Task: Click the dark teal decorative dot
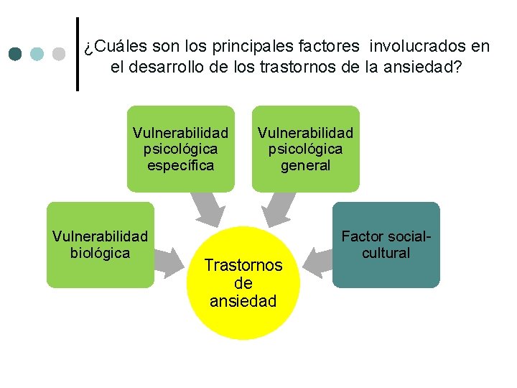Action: click(16, 54)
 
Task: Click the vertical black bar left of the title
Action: click(78, 54)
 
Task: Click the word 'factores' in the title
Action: click(331, 47)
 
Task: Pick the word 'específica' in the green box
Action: click(181, 165)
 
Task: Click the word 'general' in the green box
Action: click(305, 165)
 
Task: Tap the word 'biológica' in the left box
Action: click(101, 253)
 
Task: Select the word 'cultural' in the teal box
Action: click(386, 253)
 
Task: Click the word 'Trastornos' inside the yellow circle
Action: click(243, 265)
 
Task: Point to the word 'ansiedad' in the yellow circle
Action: click(243, 301)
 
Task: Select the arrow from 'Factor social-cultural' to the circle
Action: click(318, 260)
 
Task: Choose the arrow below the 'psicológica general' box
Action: click(276, 210)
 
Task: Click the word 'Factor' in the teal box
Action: click(364, 236)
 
